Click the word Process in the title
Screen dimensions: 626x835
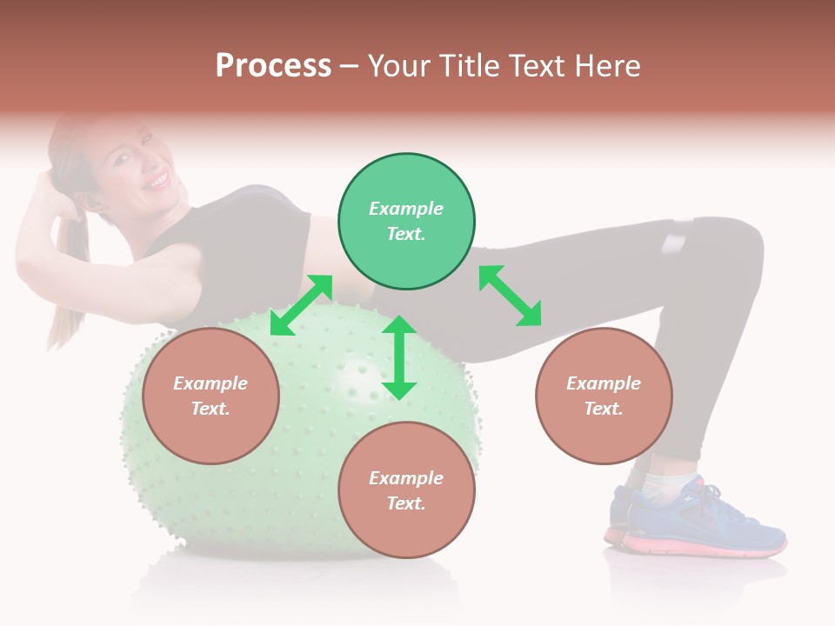[x=273, y=66]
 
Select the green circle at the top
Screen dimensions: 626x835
[x=406, y=222]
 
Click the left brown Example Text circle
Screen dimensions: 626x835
[x=210, y=396]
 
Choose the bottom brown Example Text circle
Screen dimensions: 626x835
[x=406, y=490]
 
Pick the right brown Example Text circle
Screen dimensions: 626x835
[x=603, y=396]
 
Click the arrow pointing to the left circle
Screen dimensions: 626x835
[x=301, y=305]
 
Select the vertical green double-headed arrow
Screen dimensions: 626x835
[x=399, y=357]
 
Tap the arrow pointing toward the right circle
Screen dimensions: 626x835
[x=510, y=296]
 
